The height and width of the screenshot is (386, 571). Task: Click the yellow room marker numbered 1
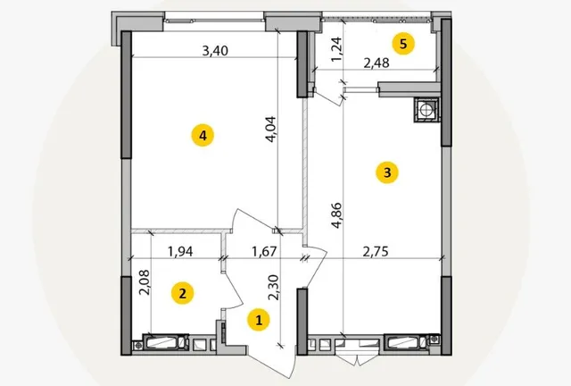click(259, 321)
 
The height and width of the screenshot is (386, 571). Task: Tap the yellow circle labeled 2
click(182, 293)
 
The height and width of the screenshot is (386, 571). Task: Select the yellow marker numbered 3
click(387, 172)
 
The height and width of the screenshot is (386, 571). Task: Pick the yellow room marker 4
click(203, 136)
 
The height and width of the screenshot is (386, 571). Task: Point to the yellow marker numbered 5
click(403, 44)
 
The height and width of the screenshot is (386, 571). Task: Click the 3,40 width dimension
click(215, 51)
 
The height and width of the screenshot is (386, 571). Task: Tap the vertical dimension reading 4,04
click(271, 130)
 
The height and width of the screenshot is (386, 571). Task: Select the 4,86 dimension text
click(337, 215)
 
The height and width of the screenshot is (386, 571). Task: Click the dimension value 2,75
click(376, 251)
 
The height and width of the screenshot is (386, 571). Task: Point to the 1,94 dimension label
click(180, 251)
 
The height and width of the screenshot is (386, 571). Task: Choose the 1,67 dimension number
click(264, 251)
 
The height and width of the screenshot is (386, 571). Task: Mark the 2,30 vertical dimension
click(273, 288)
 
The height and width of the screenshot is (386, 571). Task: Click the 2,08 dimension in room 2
click(145, 282)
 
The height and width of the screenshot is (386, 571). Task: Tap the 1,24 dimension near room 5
click(337, 49)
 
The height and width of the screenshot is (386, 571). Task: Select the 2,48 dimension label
click(377, 63)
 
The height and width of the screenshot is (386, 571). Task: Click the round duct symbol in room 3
click(426, 109)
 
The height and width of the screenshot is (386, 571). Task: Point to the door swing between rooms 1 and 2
click(233, 289)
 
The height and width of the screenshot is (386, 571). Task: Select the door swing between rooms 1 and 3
click(315, 266)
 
